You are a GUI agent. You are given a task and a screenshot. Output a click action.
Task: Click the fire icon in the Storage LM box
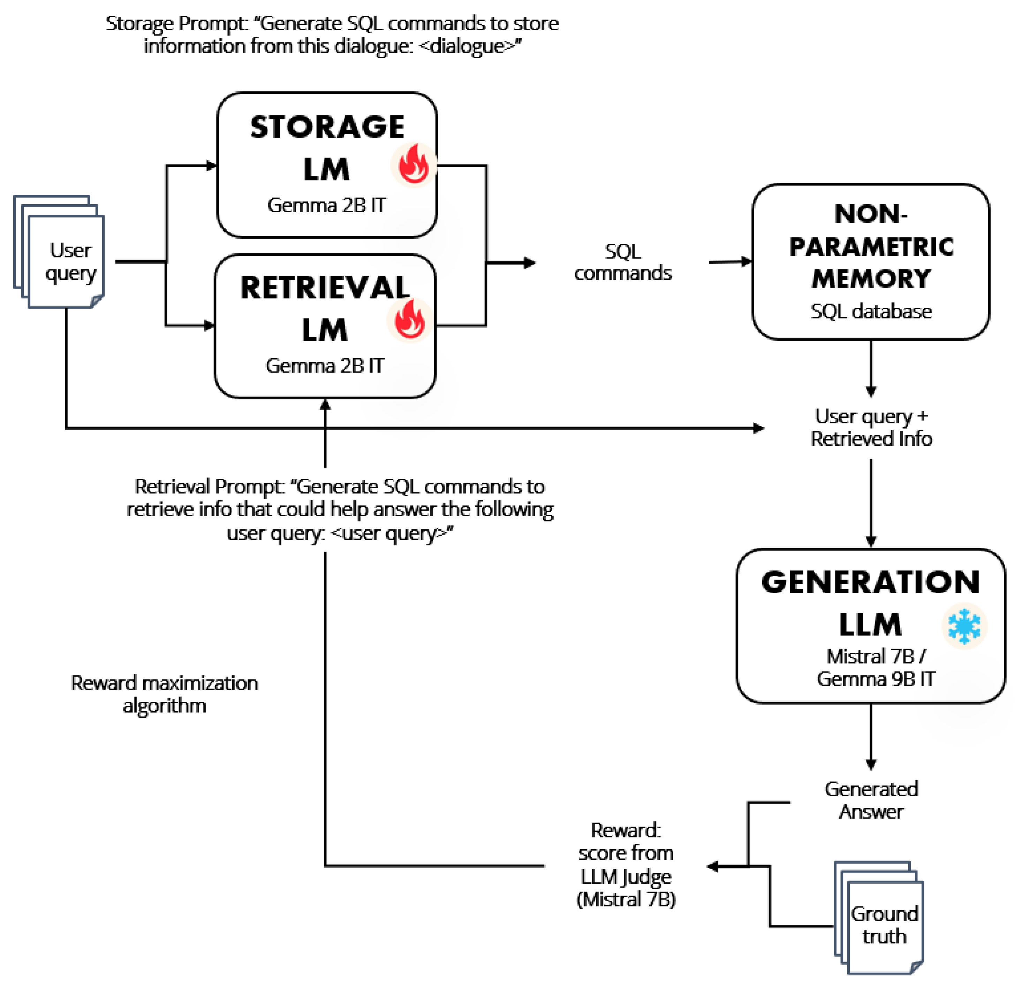point(413,164)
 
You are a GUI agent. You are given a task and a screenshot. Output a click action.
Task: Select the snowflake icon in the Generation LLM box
point(964,626)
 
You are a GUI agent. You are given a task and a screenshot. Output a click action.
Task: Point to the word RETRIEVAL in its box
point(325,288)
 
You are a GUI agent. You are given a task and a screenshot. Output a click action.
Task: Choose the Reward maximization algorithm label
point(164,694)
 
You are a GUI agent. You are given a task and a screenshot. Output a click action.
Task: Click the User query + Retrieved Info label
point(871,427)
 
